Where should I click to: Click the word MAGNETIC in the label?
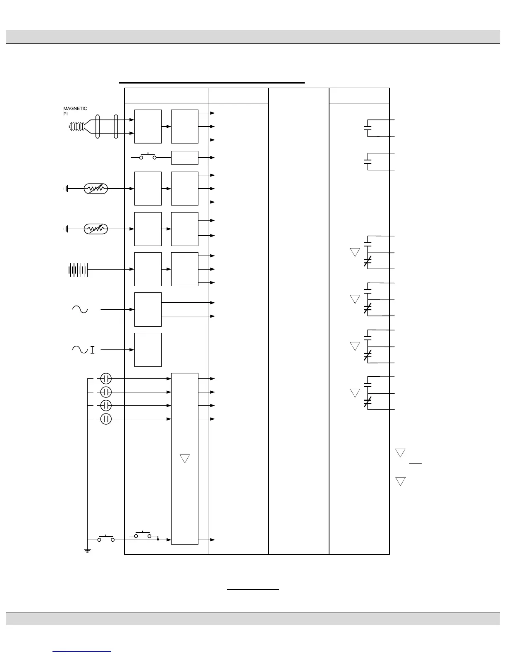tap(75, 108)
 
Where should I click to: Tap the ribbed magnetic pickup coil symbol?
tap(77, 127)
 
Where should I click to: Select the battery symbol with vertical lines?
tap(78, 270)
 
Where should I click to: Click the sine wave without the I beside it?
tap(80, 309)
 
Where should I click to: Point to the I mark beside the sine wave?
tap(92, 350)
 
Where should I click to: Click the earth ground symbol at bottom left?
tap(88, 550)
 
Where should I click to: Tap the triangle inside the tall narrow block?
tap(185, 458)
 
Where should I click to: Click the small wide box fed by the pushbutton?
tap(184, 158)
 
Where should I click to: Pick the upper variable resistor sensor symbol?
tap(95, 189)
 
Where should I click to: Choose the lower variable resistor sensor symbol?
tap(95, 229)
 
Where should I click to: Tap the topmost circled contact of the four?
tap(106, 378)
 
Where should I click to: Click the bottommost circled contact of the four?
tap(106, 419)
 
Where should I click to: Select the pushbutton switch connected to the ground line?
tap(106, 539)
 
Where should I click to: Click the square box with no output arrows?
tap(148, 349)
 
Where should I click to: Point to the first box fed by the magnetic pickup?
tap(148, 127)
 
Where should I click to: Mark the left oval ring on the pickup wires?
tap(98, 127)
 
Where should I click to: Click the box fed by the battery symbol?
tap(148, 269)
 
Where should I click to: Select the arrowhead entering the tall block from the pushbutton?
tap(169, 540)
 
